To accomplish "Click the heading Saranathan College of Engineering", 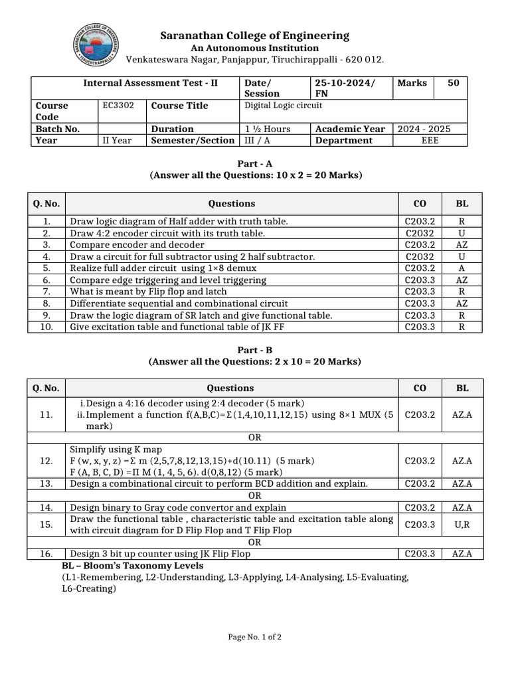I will point(255,36).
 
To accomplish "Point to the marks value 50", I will point(453,83).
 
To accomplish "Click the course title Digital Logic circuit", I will point(284,106).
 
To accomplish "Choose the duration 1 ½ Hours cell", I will point(268,129).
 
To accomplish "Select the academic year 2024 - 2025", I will point(424,129).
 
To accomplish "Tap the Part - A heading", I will point(255,163).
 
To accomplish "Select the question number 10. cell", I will point(46,327).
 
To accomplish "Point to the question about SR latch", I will point(201,315).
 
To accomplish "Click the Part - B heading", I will point(255,350).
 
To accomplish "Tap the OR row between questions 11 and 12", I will point(255,438).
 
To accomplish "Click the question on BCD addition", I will point(218,484).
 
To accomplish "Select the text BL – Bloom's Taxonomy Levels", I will point(132,566).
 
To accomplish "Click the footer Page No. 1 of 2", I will point(255,637).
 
